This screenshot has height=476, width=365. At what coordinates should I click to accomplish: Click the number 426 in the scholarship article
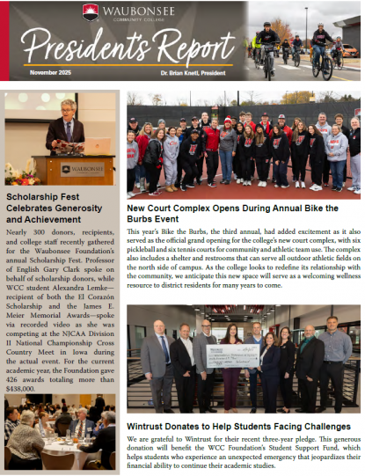click(15, 380)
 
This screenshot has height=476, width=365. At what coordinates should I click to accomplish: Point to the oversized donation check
click(230, 355)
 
